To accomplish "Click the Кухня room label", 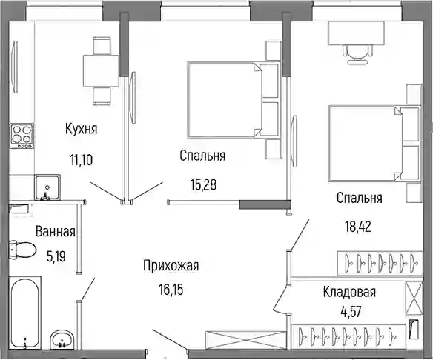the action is [82, 129].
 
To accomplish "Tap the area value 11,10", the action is [82, 160].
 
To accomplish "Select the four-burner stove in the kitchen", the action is [22, 136].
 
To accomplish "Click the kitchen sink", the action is [47, 187].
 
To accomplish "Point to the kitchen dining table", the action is [101, 71].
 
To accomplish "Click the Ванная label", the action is [56, 231].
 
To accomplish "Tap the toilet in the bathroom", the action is [22, 250].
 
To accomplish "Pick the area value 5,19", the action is [56, 257].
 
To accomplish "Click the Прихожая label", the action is [171, 266].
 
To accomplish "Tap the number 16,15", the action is [171, 290].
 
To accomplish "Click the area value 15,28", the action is [203, 184].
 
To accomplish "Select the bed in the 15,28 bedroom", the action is [234, 100].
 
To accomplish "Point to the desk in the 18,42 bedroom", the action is [357, 33].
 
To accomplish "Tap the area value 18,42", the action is [358, 227].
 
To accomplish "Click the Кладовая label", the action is [349, 292].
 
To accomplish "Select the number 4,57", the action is [351, 312].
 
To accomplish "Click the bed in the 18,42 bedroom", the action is [374, 144].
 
